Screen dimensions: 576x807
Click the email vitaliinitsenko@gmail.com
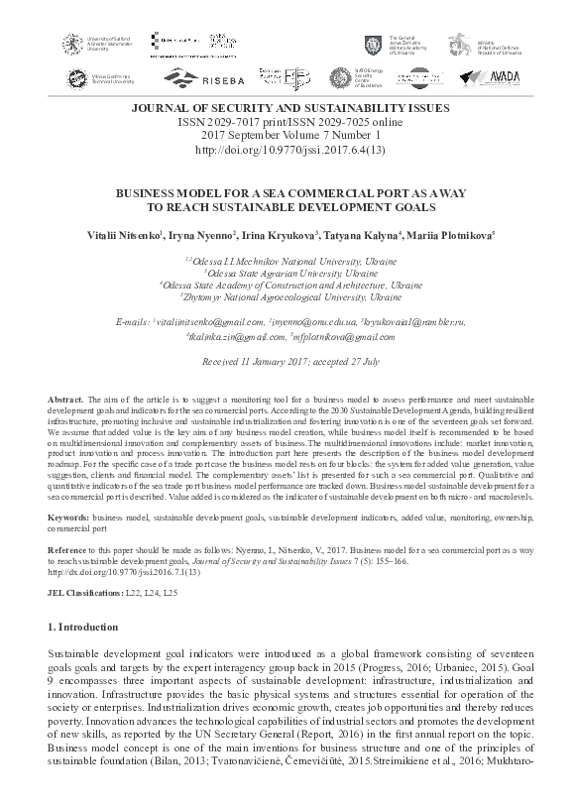coord(209,322)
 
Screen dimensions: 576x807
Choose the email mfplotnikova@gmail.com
coord(338,336)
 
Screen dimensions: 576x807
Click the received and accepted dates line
coord(288,363)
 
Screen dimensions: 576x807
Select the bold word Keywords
coord(69,517)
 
